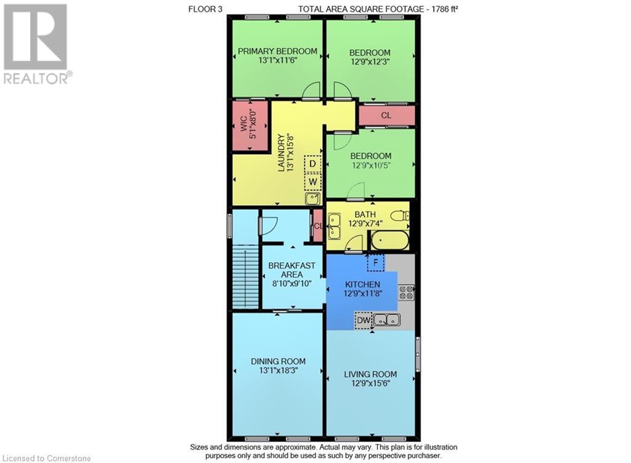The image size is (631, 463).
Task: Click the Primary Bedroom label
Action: pyautogui.click(x=277, y=51)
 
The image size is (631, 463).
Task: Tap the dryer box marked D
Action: pyautogui.click(x=312, y=164)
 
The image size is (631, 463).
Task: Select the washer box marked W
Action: pyautogui.click(x=312, y=182)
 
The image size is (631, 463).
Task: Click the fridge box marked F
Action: pyautogui.click(x=376, y=263)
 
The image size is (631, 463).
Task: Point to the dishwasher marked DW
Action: pyautogui.click(x=364, y=321)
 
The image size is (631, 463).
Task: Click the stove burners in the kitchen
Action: pyautogui.click(x=407, y=292)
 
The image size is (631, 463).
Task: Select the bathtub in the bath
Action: pyautogui.click(x=390, y=240)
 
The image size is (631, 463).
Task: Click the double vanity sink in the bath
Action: pyautogui.click(x=334, y=226)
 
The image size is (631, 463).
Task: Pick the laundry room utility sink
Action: pyautogui.click(x=312, y=199)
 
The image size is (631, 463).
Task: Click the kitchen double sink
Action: pyautogui.click(x=387, y=320)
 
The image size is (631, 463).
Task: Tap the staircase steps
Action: pyautogui.click(x=245, y=279)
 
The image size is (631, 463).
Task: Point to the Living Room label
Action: pyautogui.click(x=370, y=374)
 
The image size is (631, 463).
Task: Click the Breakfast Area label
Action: pyautogui.click(x=291, y=270)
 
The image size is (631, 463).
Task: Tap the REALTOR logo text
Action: pyautogui.click(x=38, y=78)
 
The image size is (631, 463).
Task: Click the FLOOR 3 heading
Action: pyautogui.click(x=205, y=9)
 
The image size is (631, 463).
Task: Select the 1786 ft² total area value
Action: pyautogui.click(x=445, y=9)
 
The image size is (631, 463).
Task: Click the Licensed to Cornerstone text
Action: pyautogui.click(x=47, y=458)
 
